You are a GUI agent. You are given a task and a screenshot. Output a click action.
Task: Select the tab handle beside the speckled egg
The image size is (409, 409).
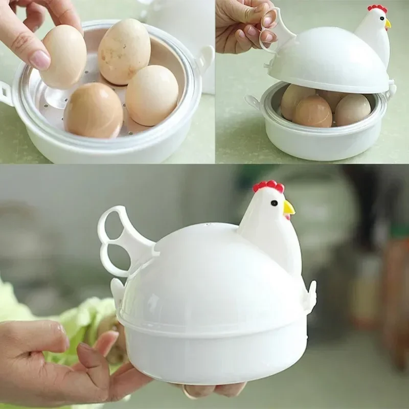coord(206,57)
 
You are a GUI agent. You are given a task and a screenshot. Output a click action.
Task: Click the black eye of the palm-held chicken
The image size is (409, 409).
coord(275,203)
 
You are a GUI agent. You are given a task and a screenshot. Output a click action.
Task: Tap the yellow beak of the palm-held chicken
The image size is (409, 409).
coord(289,208)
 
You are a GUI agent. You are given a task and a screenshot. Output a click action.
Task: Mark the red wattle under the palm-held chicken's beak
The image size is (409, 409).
coord(287,217)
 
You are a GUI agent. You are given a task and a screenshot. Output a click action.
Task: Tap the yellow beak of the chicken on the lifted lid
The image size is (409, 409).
coord(388,24)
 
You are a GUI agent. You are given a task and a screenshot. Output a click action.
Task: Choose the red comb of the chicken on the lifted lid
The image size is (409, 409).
coord(377,9)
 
